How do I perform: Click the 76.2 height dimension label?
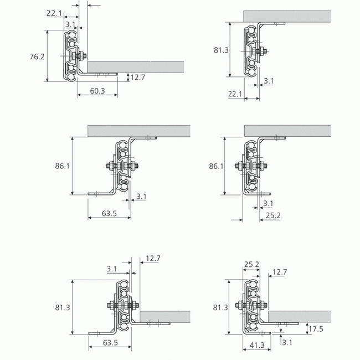click(38, 56)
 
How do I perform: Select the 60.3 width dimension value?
click(97, 90)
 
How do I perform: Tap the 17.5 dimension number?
click(317, 328)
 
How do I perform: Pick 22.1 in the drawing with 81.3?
click(235, 94)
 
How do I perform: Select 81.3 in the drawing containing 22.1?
click(221, 50)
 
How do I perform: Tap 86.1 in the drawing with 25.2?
click(217, 166)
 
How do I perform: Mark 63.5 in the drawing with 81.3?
click(110, 343)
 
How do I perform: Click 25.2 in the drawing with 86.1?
click(273, 215)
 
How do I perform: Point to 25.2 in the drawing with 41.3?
click(251, 265)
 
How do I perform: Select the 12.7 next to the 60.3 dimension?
click(138, 77)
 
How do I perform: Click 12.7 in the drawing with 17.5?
click(280, 272)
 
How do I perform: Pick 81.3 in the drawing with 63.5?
click(62, 307)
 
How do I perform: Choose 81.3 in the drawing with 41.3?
click(220, 307)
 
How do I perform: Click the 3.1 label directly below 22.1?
click(71, 24)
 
